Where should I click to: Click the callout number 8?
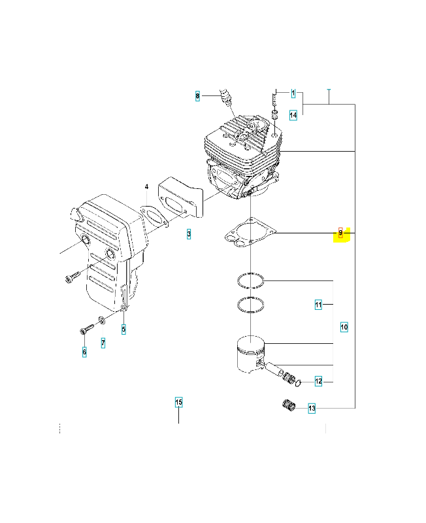197,96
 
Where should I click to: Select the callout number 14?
293,116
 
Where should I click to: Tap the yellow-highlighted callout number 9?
340,233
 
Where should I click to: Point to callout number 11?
318,305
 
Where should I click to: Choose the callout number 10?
344,328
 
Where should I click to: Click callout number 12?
319,381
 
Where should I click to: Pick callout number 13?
312,408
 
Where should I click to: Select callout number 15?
178,402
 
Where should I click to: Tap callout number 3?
189,234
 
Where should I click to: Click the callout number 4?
146,187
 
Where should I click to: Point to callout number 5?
123,329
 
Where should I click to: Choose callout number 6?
84,352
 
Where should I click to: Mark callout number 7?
103,343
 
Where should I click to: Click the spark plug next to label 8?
225,96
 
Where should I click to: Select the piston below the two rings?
251,354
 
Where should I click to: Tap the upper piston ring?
250,280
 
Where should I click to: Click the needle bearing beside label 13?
289,405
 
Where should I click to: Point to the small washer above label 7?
102,321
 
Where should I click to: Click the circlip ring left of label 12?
299,384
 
